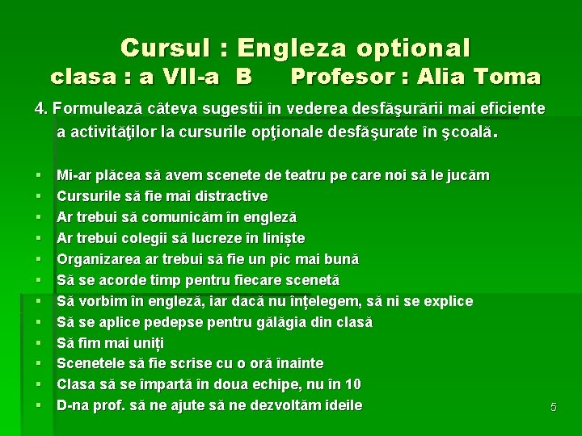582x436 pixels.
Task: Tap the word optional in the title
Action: click(x=414, y=48)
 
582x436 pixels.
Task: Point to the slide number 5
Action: click(x=554, y=408)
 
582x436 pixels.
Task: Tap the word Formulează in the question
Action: click(x=90, y=108)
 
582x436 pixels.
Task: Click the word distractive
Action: click(x=226, y=196)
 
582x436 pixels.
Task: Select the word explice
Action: click(x=446, y=301)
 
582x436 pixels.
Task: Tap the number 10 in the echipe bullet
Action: click(x=352, y=385)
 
